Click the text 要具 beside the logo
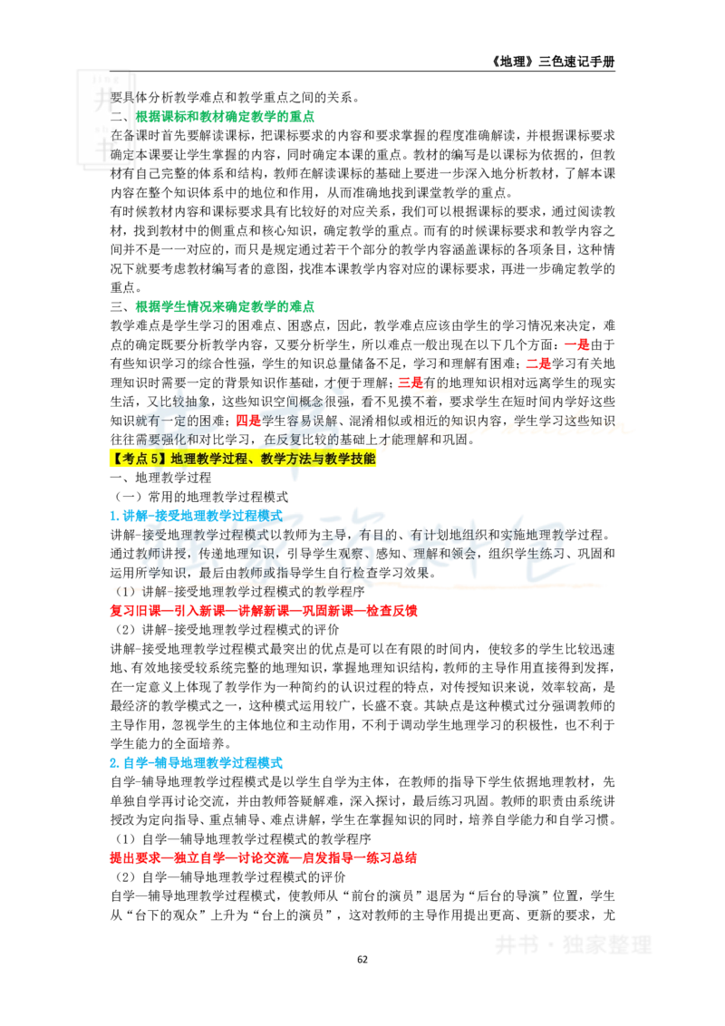tap(122, 97)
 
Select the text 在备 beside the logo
tap(122, 135)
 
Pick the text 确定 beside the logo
tap(122, 154)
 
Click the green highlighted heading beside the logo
tap(227, 116)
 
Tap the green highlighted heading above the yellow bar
tap(225, 308)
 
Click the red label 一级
tap(576, 345)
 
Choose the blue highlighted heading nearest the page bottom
tap(196, 763)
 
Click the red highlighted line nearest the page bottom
tap(264, 857)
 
